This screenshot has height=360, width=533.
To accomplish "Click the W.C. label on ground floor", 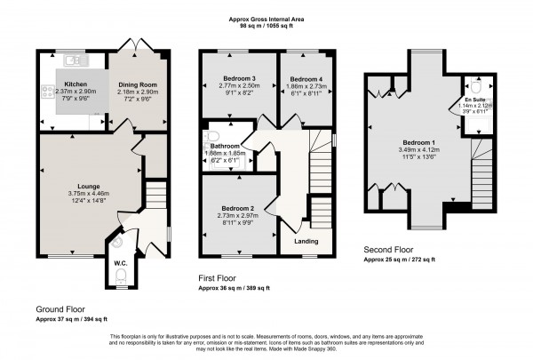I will (x=121, y=263).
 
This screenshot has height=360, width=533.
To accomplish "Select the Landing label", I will (x=306, y=239).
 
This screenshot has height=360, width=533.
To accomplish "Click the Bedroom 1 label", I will (x=416, y=142).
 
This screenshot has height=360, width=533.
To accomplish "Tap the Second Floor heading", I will (x=389, y=250).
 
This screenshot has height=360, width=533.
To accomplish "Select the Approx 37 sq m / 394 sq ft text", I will (x=71, y=317).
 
